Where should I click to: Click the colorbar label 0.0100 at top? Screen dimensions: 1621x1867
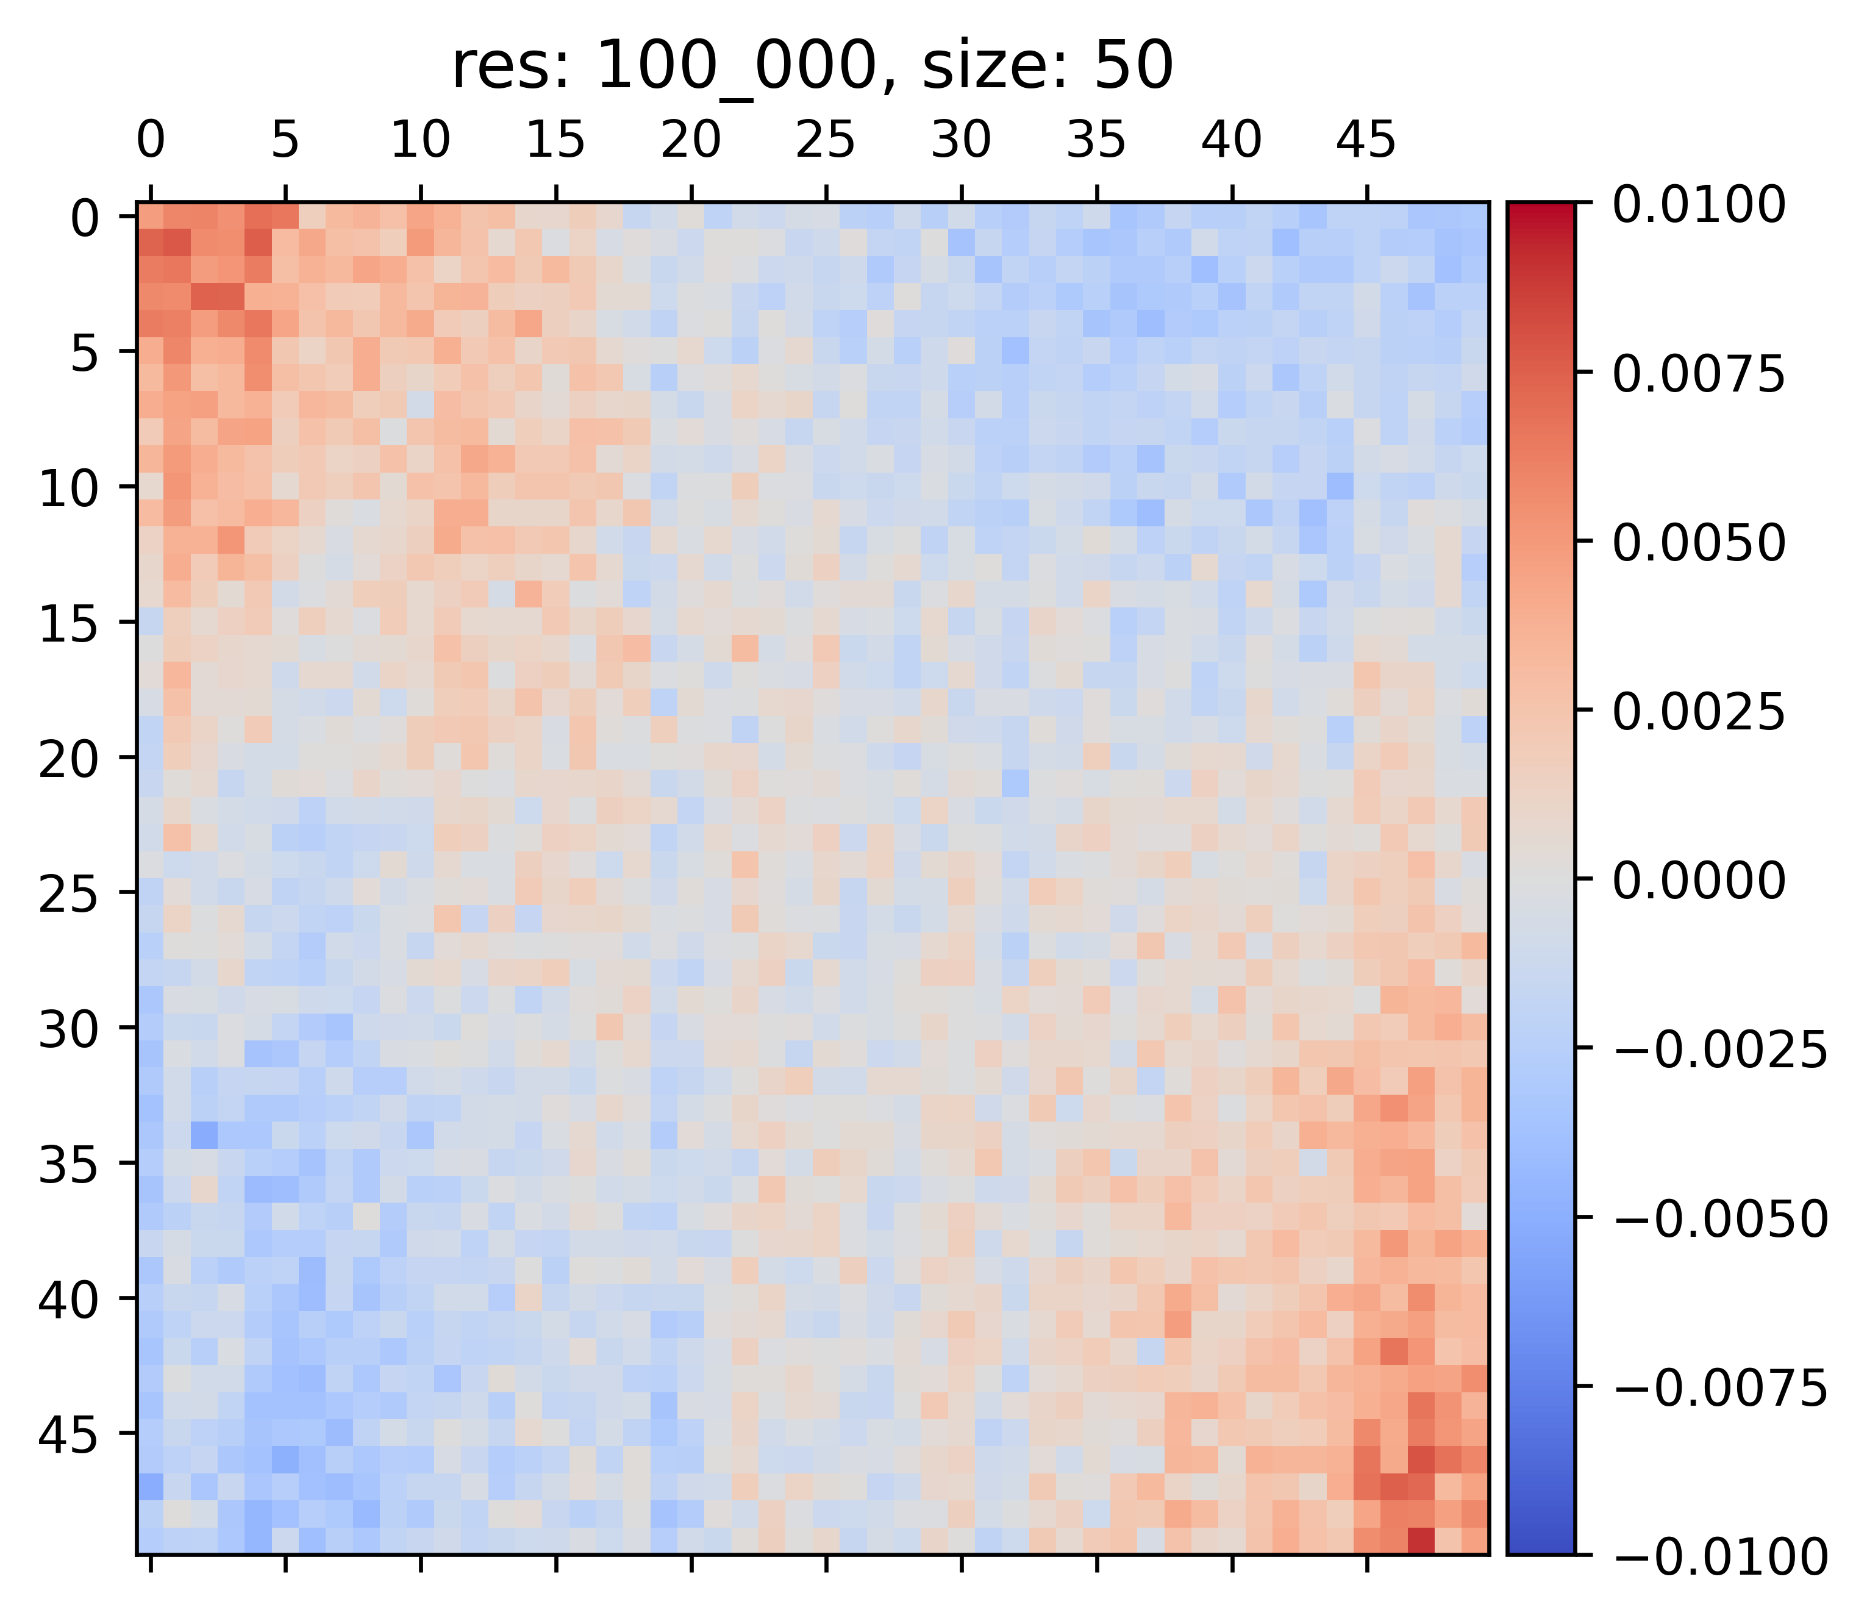tap(1699, 204)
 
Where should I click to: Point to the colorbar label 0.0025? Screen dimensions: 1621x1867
tap(1699, 712)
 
